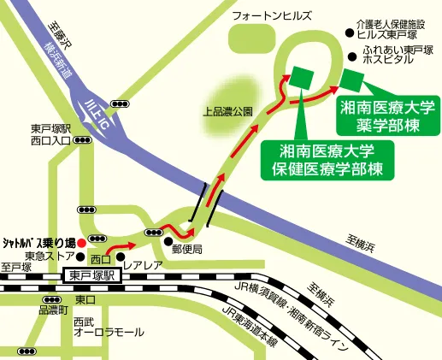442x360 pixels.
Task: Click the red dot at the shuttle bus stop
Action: coord(80,242)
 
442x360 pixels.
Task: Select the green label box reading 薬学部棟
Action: coord(386,115)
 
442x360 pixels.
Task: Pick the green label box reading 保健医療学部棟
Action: coord(328,157)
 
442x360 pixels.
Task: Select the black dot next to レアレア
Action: coord(120,256)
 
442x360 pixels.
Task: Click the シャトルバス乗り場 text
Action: coord(38,242)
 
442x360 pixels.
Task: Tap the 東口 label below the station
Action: coord(84,299)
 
